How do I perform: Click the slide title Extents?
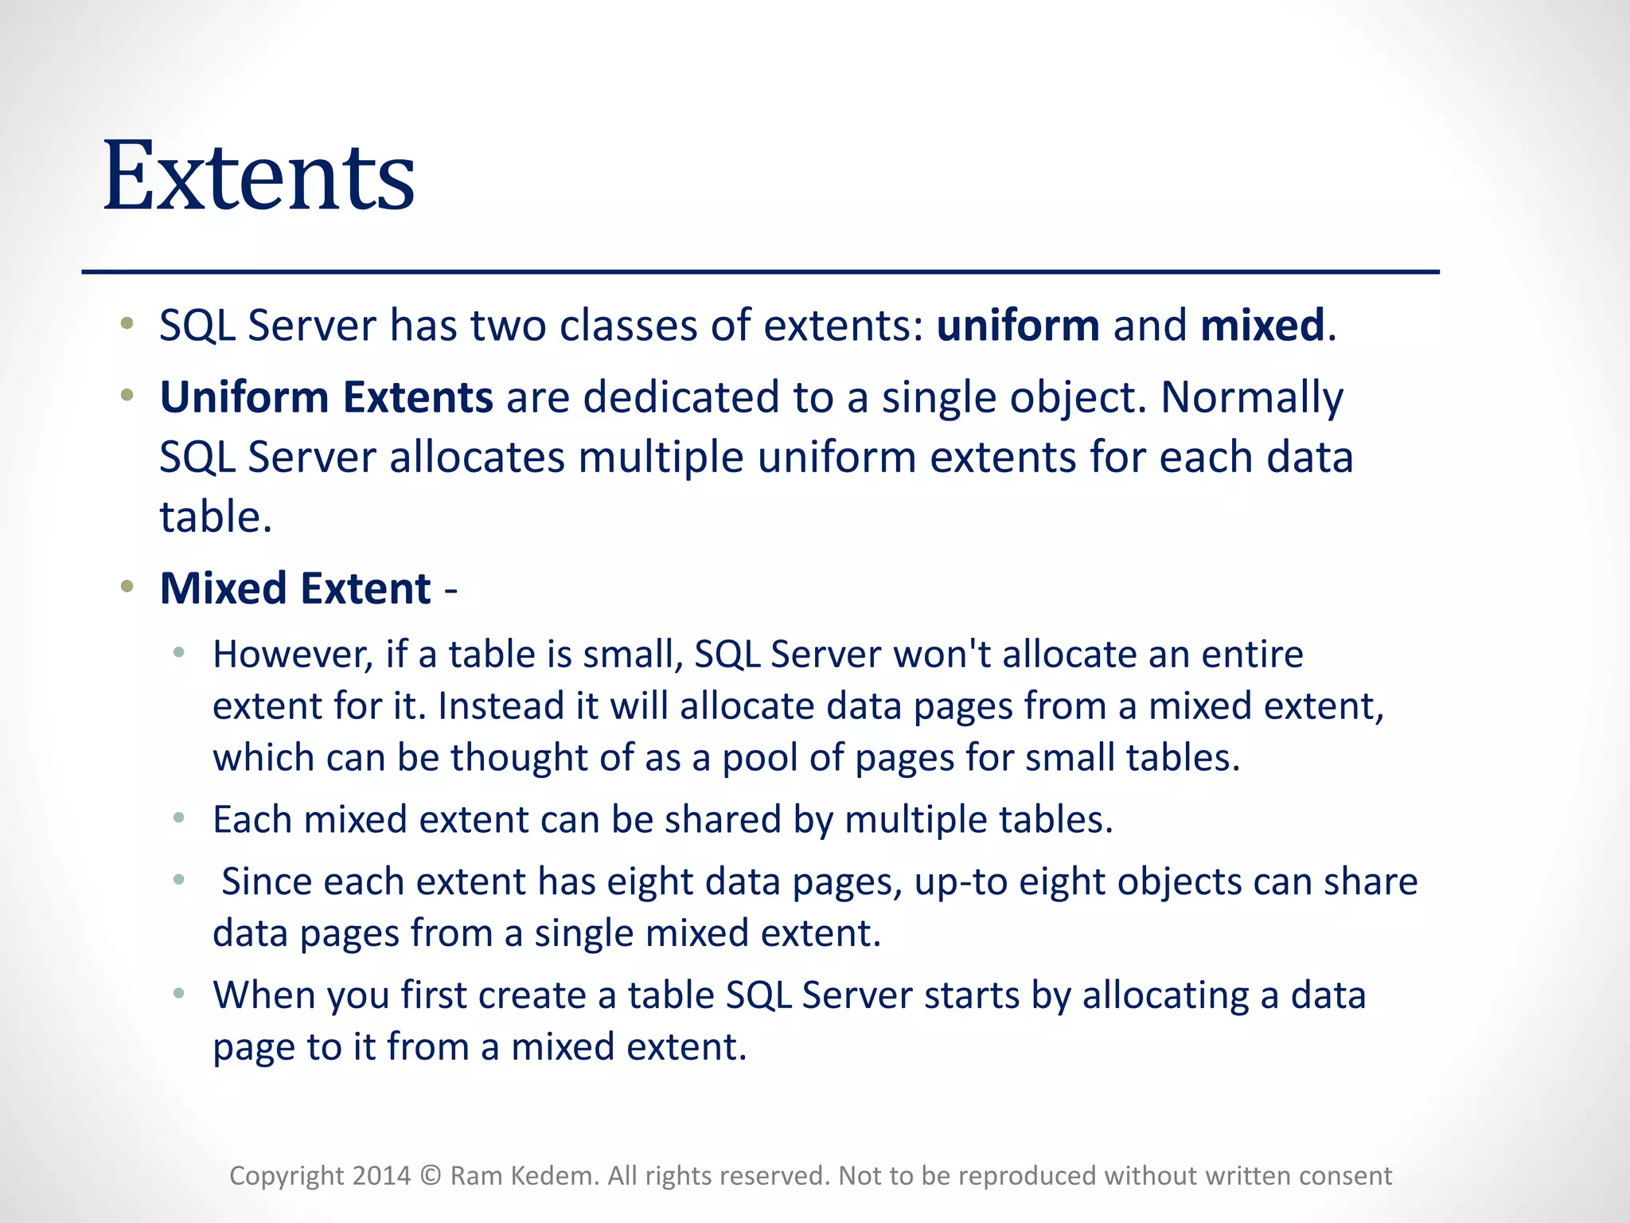coord(259,177)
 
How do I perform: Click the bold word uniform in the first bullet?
coord(1017,326)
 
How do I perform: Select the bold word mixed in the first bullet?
coord(1262,326)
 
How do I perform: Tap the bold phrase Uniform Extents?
coord(326,397)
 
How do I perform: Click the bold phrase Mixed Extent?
coord(295,589)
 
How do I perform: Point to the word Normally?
coord(1251,399)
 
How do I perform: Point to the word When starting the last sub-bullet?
coord(263,995)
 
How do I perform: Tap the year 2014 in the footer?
coord(381,1176)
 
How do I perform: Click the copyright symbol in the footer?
coord(431,1176)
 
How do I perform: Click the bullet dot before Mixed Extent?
coord(127,588)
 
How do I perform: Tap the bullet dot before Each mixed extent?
coord(179,818)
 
